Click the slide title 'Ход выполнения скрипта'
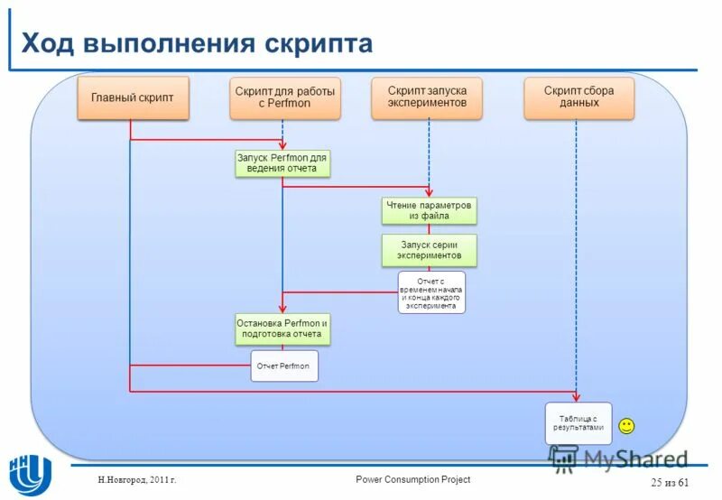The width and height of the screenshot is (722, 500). point(197,43)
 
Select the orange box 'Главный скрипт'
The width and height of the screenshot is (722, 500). point(133,97)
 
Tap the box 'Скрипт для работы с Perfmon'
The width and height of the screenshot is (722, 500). point(285,97)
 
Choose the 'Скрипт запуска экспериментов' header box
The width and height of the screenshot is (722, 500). point(427,97)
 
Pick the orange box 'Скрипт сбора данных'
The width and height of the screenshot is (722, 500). point(579,97)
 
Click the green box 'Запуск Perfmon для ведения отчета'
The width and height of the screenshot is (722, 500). point(282,163)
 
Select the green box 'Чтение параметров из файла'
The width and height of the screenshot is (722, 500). point(429,210)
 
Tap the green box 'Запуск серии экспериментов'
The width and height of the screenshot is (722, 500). point(429,250)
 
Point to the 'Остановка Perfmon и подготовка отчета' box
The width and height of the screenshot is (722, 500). point(282,329)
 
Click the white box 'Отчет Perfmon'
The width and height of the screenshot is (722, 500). point(285,366)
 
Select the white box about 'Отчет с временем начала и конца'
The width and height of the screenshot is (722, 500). point(431,292)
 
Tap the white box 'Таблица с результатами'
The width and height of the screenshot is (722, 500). point(579,423)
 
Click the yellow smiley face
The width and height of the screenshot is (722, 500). point(626,425)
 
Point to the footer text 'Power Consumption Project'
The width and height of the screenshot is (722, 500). point(412,479)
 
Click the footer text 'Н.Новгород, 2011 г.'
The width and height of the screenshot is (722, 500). point(137,480)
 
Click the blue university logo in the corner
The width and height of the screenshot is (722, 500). point(30,470)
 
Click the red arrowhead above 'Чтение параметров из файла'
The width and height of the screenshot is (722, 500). point(429,193)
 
